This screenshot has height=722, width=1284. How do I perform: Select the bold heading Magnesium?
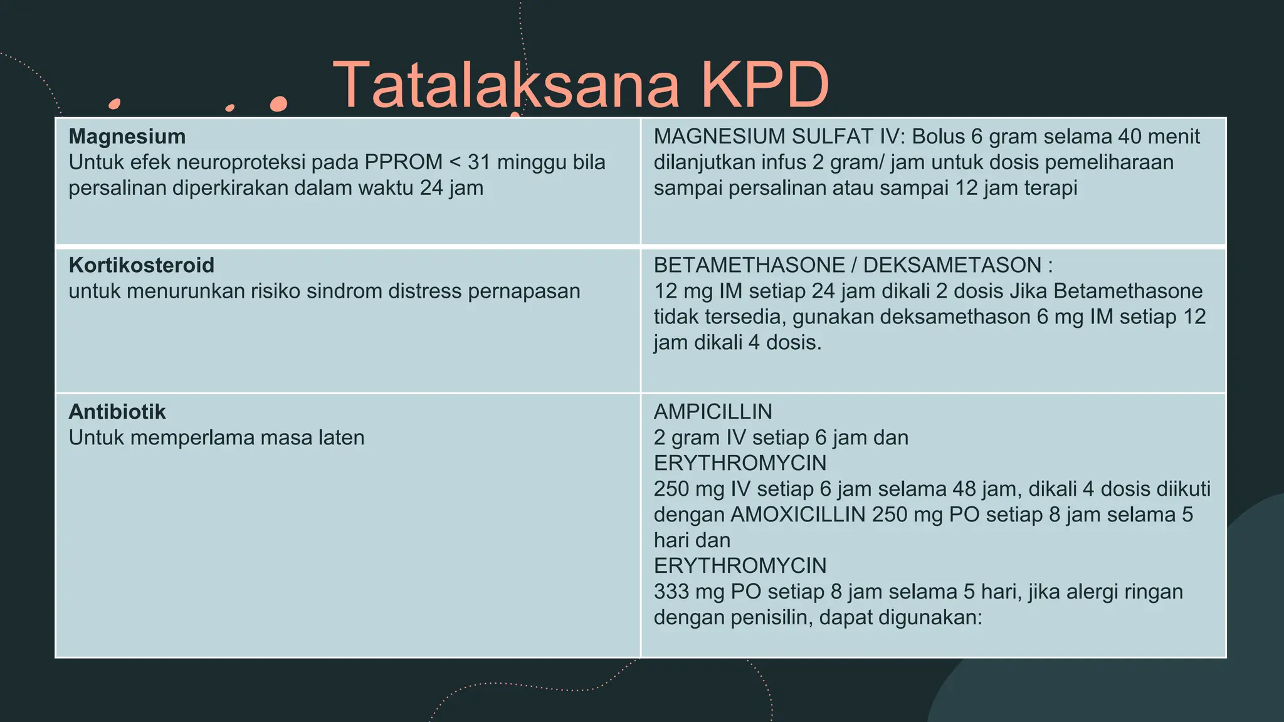127,137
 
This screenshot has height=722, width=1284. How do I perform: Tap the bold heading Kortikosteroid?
142,265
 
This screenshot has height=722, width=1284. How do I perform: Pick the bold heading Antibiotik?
117,412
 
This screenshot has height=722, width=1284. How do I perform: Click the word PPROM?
403,162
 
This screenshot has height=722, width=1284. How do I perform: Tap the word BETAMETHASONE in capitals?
749,265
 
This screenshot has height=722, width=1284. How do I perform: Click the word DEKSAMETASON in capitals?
952,265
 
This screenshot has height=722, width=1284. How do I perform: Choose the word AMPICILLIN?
713,412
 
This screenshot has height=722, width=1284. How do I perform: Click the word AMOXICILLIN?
798,515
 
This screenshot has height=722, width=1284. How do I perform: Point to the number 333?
673,592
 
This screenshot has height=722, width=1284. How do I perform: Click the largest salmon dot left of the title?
278,103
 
